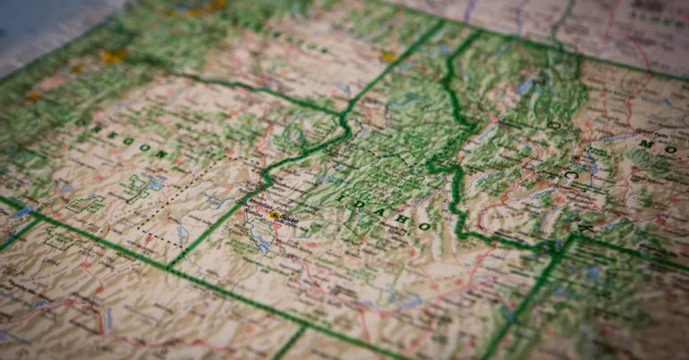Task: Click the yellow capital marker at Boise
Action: click(x=274, y=215)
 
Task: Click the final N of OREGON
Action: click(x=161, y=154)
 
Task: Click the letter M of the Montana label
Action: click(x=645, y=143)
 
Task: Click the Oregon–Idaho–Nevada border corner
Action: click(x=170, y=266)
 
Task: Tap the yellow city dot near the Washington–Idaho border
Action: click(x=388, y=57)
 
